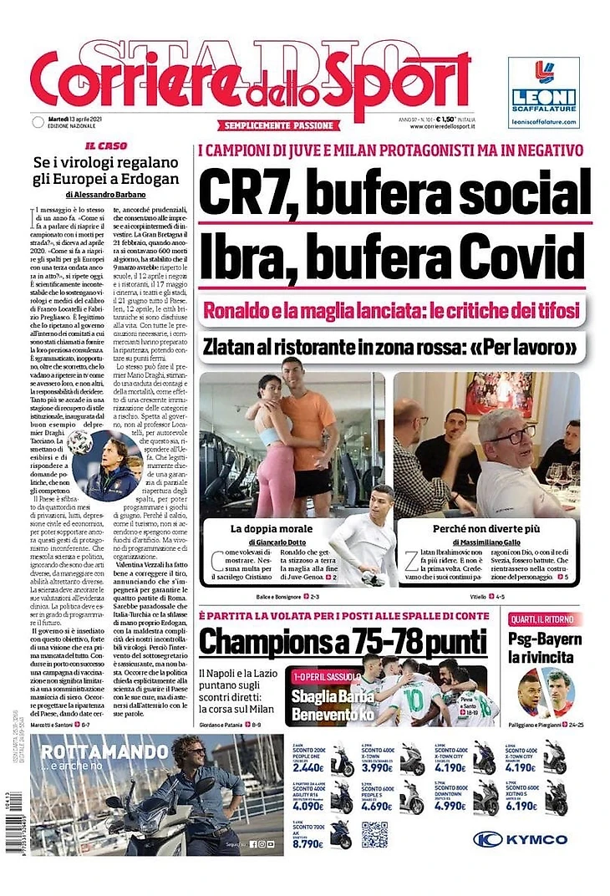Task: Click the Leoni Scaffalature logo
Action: tap(543, 92)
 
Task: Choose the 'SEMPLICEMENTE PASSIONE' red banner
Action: tap(280, 125)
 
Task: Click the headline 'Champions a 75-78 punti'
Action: tap(343, 642)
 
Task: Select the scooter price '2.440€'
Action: tap(309, 767)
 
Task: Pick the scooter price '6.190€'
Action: tap(522, 807)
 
